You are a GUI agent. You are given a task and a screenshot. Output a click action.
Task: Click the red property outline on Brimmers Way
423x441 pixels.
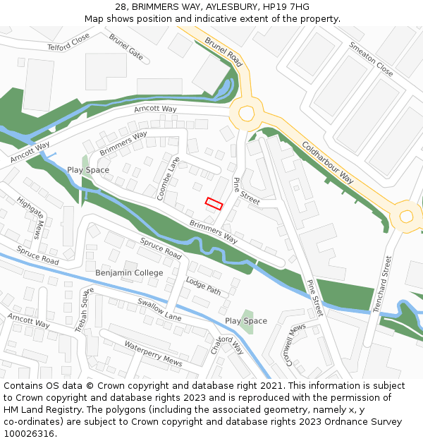coord(214,204)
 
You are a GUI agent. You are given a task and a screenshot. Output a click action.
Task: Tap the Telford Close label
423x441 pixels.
coord(69,42)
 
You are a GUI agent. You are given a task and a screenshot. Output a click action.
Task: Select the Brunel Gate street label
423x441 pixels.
coord(126,46)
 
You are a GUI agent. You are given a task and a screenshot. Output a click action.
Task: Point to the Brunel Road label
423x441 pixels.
coord(223,53)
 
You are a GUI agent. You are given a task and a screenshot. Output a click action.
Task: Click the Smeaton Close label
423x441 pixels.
coord(371,59)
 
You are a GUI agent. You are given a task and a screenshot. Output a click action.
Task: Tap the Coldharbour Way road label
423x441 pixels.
coord(328,163)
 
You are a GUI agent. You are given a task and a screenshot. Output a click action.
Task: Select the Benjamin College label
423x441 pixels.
coord(129,273)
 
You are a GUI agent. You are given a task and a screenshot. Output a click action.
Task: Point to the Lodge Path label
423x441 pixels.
coord(204,286)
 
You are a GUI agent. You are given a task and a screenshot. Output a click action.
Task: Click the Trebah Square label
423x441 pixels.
coord(85,310)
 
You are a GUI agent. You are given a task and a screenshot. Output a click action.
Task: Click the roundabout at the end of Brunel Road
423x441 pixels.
coord(246,113)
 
